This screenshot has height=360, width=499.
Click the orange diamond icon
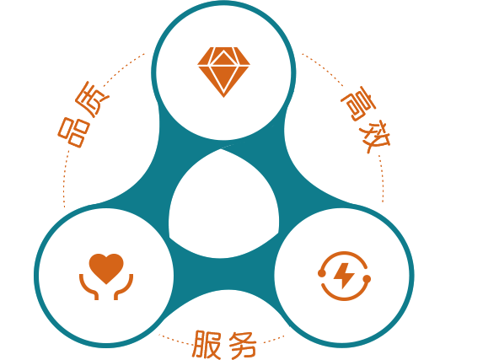click(223, 72)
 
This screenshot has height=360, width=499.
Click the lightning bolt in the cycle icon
click(343, 276)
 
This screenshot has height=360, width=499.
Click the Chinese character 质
click(93, 99)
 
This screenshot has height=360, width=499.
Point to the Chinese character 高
click(357, 104)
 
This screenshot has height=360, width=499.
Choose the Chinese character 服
click(207, 344)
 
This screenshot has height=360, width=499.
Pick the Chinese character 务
click(243, 345)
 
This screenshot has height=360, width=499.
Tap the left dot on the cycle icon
click(322, 273)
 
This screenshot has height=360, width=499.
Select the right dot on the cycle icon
click(367, 279)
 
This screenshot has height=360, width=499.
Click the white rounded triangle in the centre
click(223, 207)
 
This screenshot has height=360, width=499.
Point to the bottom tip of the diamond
click(223, 97)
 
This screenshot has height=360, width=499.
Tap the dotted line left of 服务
click(174, 340)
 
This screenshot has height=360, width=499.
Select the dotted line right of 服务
click(274, 339)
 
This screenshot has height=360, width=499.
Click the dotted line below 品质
click(65, 178)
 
